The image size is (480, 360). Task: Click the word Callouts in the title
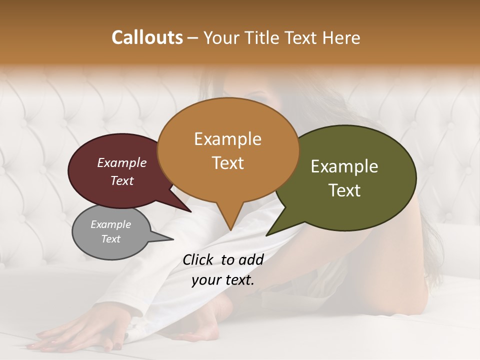pos(147,37)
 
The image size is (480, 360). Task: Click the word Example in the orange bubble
pos(227,139)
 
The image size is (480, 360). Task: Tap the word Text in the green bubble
pos(345,190)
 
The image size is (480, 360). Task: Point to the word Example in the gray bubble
pos(111,224)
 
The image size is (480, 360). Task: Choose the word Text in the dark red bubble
pos(122,181)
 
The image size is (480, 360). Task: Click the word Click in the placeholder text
pos(198,259)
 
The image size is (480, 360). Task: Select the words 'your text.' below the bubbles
pos(223,280)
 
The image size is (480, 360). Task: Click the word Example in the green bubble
pos(344,166)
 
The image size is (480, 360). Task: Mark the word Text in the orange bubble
pos(228,163)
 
